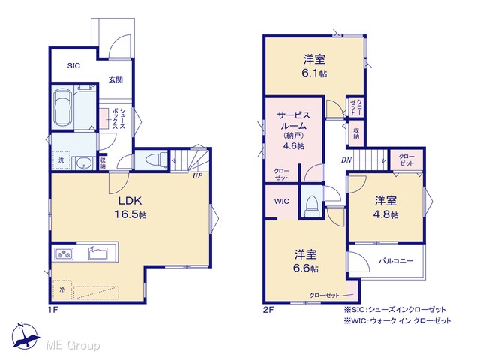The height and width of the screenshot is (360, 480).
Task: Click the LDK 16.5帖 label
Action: (130, 208)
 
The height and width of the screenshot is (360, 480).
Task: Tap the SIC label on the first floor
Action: (73, 65)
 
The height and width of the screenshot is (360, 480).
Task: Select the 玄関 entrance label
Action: (115, 79)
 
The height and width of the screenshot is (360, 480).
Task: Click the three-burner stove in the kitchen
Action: (64, 253)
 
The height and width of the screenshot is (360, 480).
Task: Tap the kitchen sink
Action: (98, 253)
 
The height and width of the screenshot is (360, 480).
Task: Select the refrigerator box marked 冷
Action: (62, 289)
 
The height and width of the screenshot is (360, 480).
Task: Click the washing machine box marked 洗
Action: (61, 160)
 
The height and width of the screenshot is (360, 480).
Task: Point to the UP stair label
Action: (197, 176)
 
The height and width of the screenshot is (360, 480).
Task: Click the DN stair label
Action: (346, 160)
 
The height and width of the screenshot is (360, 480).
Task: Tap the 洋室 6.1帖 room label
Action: (314, 66)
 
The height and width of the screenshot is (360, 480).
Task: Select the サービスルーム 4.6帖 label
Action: (293, 130)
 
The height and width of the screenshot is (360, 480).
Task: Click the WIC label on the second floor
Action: (282, 202)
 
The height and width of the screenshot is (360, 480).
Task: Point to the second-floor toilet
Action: (312, 206)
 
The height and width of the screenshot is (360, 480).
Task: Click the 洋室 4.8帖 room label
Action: (385, 208)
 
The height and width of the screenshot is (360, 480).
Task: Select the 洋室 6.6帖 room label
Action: (306, 261)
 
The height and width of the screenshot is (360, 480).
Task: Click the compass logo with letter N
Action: (25, 336)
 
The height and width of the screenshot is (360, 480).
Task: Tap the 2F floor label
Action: (268, 310)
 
